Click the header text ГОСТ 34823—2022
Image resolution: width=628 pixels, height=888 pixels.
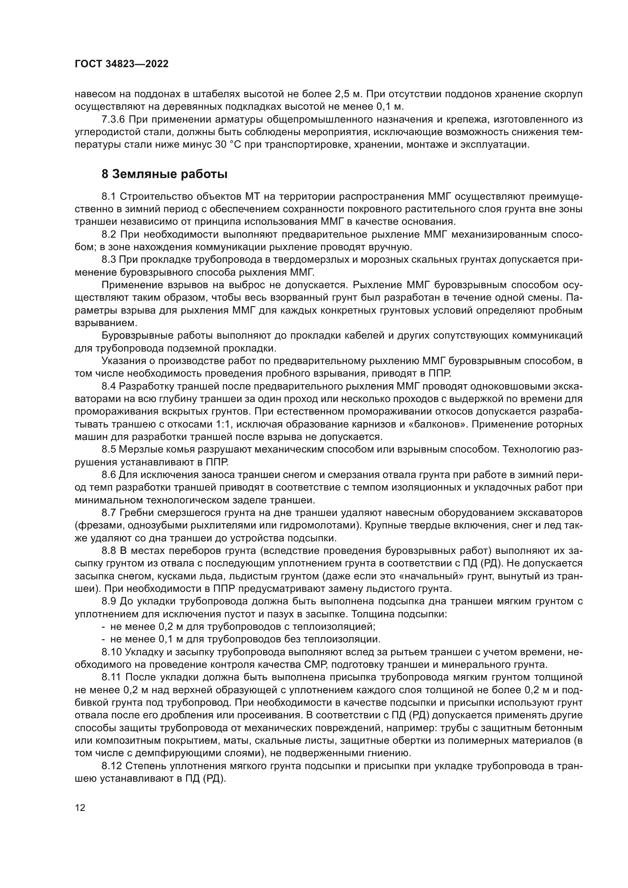pos(121,64)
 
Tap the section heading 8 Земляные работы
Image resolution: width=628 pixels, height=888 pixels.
pos(164,174)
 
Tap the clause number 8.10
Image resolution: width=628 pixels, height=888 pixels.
pos(111,652)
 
